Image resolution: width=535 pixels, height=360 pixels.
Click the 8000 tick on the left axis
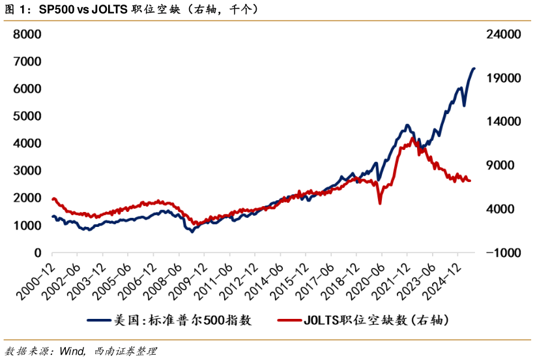click(28, 34)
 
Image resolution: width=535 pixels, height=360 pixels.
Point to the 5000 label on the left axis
click(28, 116)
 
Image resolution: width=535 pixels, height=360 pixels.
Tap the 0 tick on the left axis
click(37, 253)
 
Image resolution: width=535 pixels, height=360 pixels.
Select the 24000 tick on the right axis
click(500, 34)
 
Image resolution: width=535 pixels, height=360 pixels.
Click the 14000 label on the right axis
click(500, 121)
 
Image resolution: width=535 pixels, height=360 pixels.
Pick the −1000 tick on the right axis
click(500, 253)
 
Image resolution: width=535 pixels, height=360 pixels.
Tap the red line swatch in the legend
click(289, 320)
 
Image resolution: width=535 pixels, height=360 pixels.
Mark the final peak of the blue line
click(474, 68)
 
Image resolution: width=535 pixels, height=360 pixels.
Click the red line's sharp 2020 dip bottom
click(380, 203)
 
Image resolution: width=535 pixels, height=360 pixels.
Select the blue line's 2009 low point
click(192, 232)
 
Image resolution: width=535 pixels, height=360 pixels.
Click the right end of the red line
click(470, 181)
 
